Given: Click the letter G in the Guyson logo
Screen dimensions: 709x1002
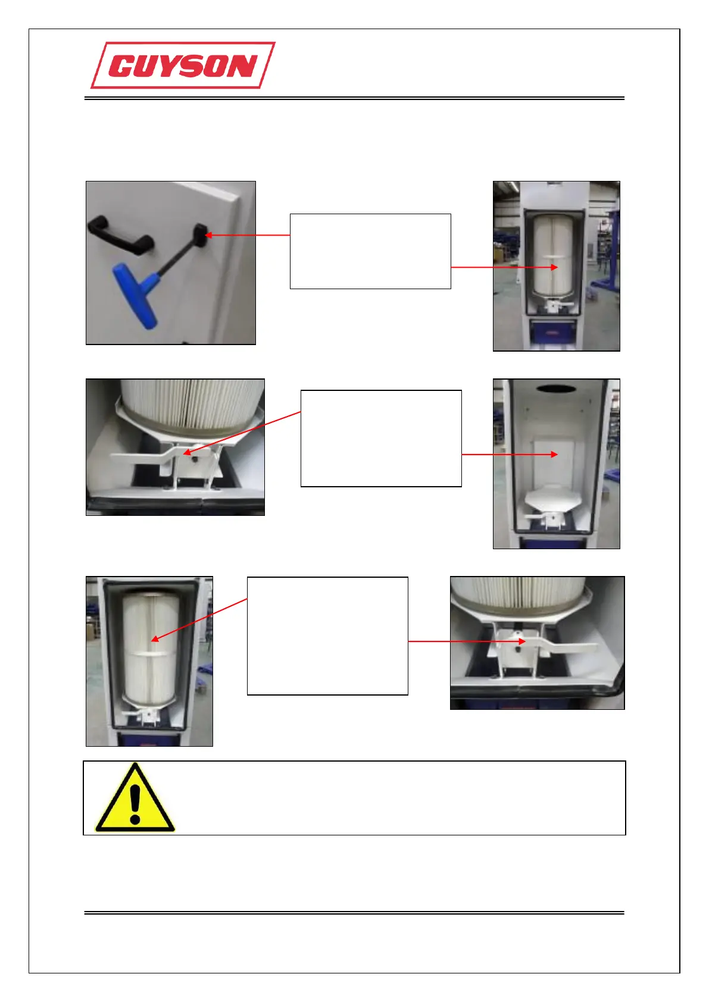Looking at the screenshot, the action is pyautogui.click(x=123, y=67).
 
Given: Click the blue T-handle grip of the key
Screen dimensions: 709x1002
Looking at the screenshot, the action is pyautogui.click(x=136, y=294).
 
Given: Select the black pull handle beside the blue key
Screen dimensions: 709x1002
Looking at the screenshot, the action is pyautogui.click(x=120, y=235).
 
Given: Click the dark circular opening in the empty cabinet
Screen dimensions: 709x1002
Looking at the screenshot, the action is pyautogui.click(x=557, y=389).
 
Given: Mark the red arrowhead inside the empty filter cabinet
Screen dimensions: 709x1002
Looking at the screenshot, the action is pyautogui.click(x=554, y=455).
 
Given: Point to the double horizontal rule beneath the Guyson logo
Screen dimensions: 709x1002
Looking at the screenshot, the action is pyautogui.click(x=354, y=98).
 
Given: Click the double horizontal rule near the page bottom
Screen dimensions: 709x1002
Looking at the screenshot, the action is pyautogui.click(x=354, y=912).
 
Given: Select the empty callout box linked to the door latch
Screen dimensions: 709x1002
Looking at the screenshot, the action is pyautogui.click(x=370, y=251).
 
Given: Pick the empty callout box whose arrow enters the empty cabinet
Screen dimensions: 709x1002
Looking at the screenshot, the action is pyautogui.click(x=381, y=439).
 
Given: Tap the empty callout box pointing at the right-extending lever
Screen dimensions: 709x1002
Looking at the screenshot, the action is pyautogui.click(x=327, y=635).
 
